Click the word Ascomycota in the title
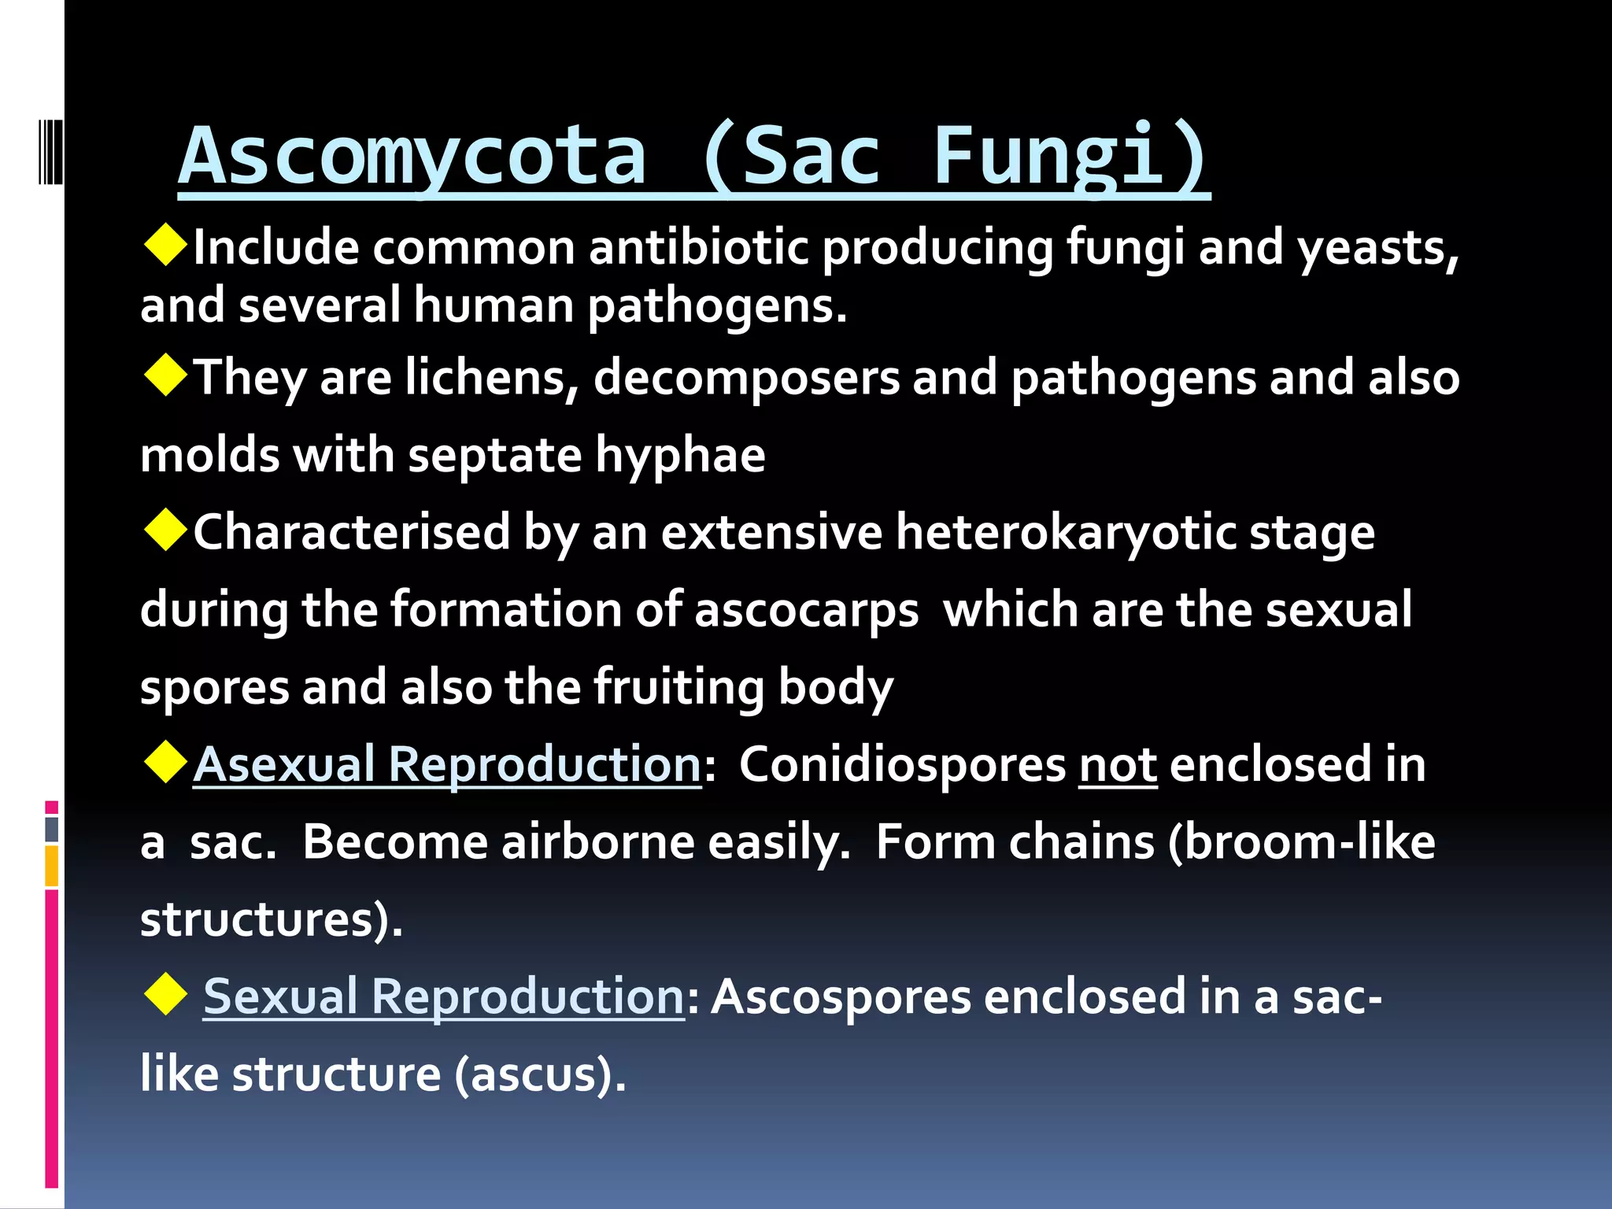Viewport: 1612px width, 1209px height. [412, 157]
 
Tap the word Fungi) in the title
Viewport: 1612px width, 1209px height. [1070, 157]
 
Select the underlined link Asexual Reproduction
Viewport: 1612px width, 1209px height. [447, 765]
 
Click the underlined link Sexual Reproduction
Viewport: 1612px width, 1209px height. [444, 996]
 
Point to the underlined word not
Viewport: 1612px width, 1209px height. [1118, 765]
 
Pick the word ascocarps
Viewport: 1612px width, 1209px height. [806, 610]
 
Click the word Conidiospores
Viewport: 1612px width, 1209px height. [902, 765]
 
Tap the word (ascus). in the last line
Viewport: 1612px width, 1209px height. [540, 1074]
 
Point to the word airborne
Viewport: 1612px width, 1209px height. [598, 842]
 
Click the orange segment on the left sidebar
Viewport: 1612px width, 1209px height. [52, 866]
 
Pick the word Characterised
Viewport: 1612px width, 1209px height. [352, 533]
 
